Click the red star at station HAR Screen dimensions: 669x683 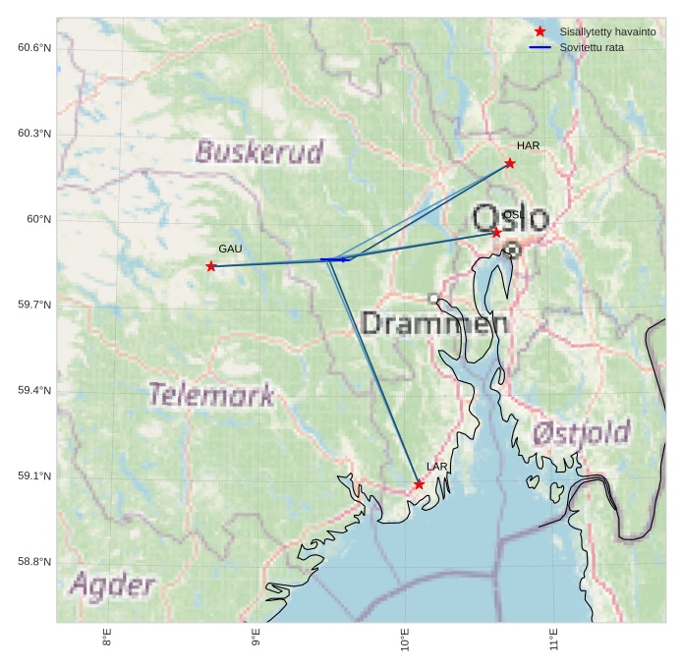click(x=510, y=163)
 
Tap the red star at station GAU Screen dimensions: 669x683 click(x=211, y=266)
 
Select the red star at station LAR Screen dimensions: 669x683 click(x=419, y=484)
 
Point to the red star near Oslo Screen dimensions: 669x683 click(x=496, y=233)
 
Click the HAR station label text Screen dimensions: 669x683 click(x=529, y=145)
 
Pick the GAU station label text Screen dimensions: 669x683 click(x=230, y=249)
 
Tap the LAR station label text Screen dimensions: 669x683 click(x=437, y=467)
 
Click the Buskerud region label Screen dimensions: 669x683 click(x=259, y=151)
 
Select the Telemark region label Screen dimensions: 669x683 click(x=211, y=395)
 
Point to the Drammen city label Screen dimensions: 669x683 click(x=434, y=322)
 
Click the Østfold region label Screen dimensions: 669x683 click(x=582, y=432)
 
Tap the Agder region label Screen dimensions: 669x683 click(x=112, y=585)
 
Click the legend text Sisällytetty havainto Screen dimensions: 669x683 click(x=607, y=31)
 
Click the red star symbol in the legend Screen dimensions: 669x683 click(x=540, y=31)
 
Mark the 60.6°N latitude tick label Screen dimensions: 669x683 click(x=34, y=47)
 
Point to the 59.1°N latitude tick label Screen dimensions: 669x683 click(x=34, y=475)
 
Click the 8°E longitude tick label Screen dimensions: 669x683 click(x=106, y=640)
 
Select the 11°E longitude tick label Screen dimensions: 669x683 click(x=554, y=640)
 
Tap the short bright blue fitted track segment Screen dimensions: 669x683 click(x=335, y=259)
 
